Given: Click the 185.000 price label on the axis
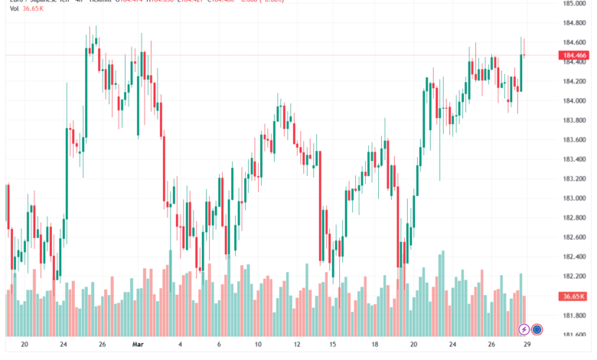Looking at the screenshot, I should tap(575, 4).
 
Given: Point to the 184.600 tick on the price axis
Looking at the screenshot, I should tap(575, 42).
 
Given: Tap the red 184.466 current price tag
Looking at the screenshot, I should tap(574, 55).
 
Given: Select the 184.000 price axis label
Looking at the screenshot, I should tap(575, 101).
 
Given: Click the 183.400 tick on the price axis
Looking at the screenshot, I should tap(575, 159).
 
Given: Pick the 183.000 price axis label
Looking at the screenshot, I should tap(575, 198).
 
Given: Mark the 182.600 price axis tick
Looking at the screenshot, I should tap(575, 237).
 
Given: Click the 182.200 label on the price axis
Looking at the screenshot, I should tap(575, 277).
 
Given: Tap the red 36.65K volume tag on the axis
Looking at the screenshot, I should tap(573, 296).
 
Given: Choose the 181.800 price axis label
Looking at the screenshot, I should tap(575, 316).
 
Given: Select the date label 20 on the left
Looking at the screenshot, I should tap(24, 345).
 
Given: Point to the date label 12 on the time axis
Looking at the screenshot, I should tap(298, 345).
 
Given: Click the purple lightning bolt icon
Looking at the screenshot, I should tap(524, 329).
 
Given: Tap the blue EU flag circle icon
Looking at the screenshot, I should tap(537, 329).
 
